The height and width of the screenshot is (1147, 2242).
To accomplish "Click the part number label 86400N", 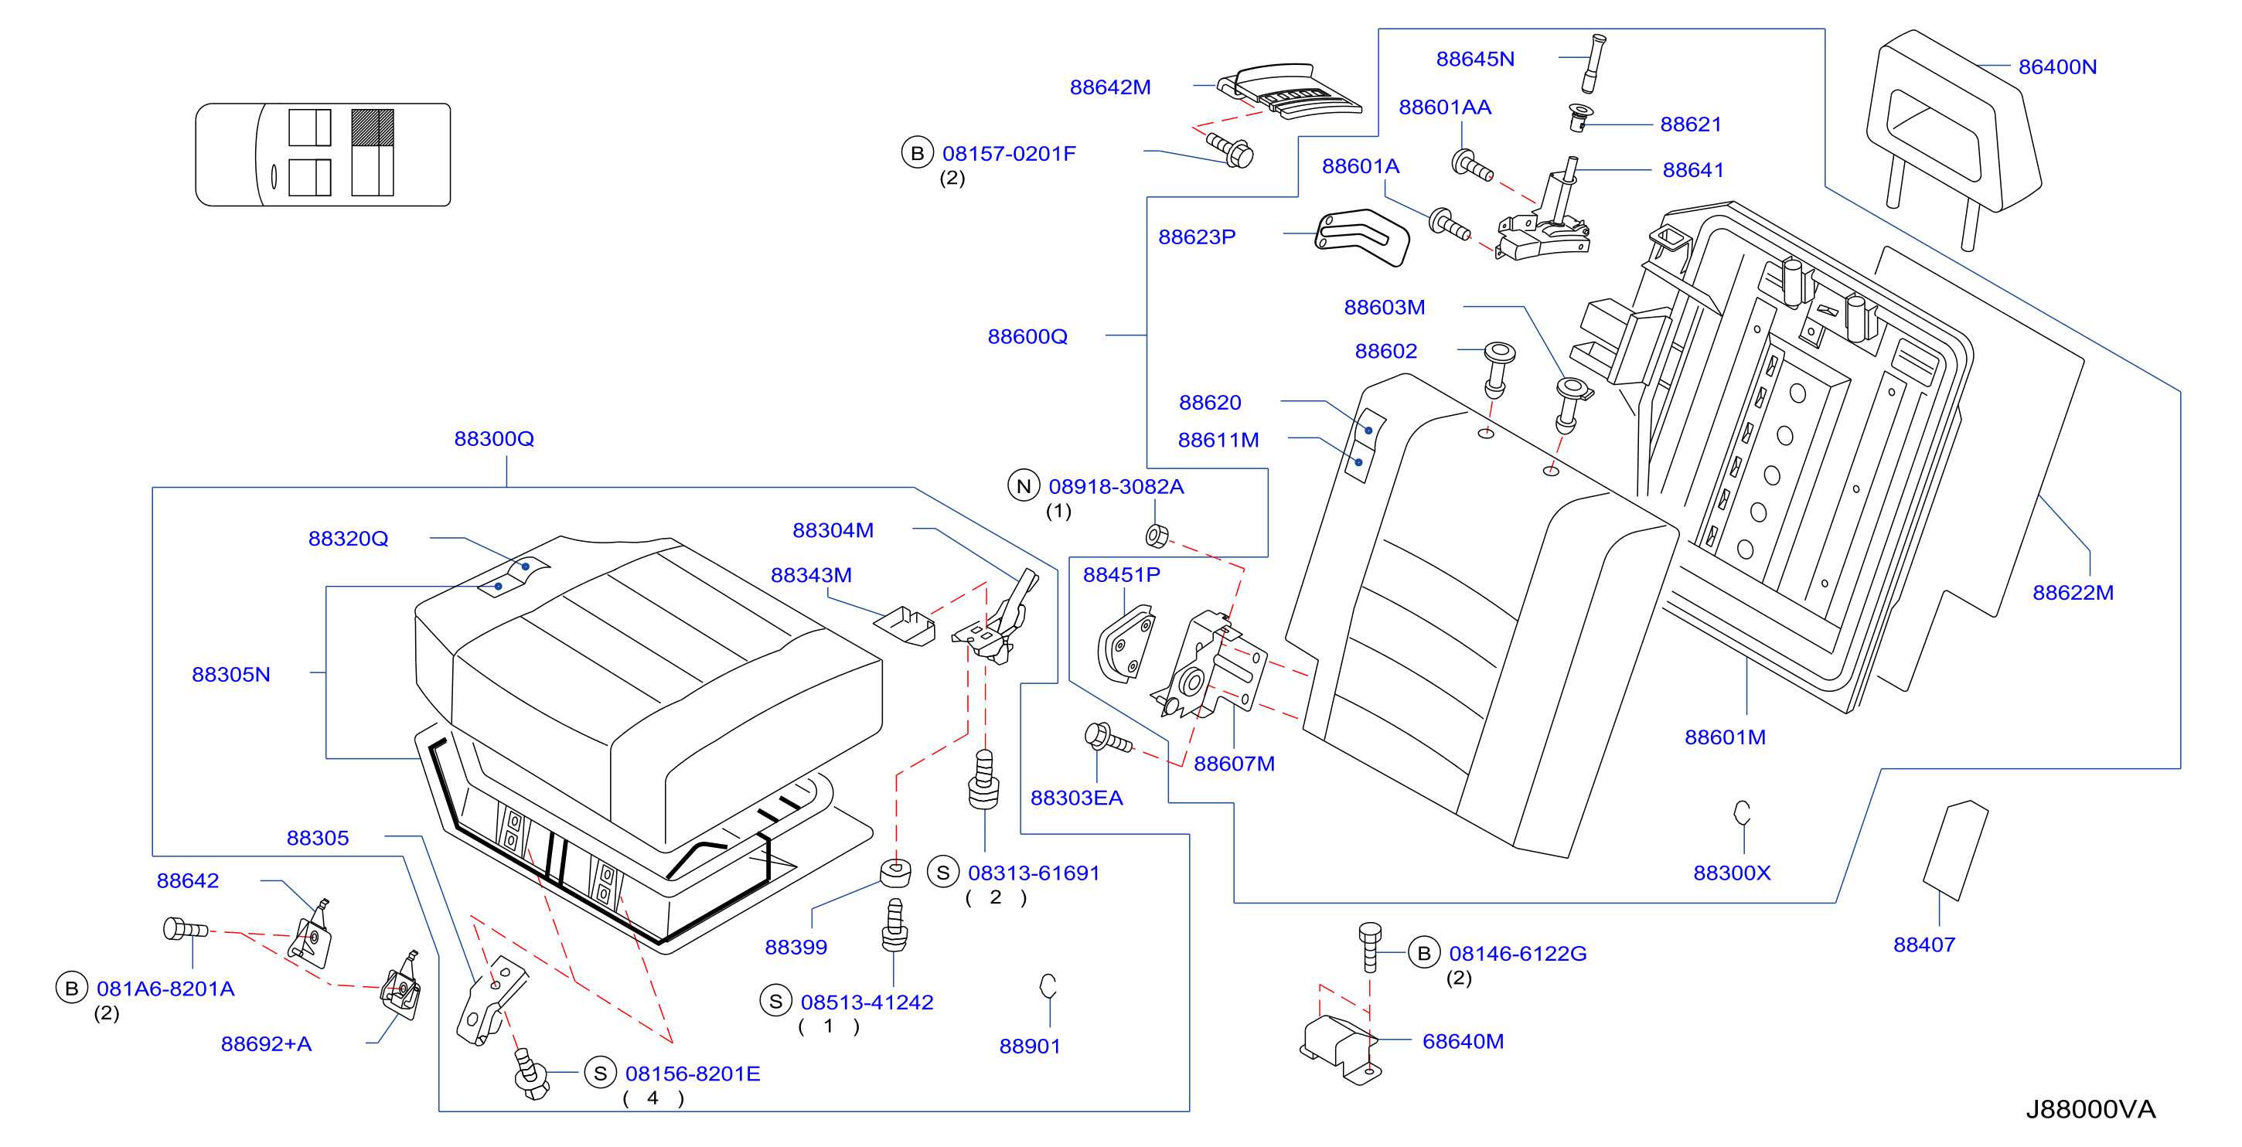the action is pyautogui.click(x=2056, y=67).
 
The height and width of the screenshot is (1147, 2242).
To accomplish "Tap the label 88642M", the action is pyautogui.click(x=1109, y=87).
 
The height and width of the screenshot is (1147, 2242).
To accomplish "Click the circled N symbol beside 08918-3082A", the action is pyautogui.click(x=1024, y=485).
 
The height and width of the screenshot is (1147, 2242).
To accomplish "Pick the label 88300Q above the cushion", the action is pyautogui.click(x=493, y=438).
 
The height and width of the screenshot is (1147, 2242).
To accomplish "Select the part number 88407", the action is pyautogui.click(x=1924, y=944).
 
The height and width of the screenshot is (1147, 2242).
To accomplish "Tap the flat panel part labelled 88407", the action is pyautogui.click(x=1954, y=850).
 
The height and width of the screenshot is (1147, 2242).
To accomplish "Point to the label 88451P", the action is pyautogui.click(x=1121, y=574).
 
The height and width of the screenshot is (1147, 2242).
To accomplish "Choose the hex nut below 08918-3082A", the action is pyautogui.click(x=1157, y=536).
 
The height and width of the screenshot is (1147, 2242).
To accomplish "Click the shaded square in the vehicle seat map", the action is pyautogui.click(x=373, y=127).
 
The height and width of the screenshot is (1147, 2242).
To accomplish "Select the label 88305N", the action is pyautogui.click(x=230, y=675).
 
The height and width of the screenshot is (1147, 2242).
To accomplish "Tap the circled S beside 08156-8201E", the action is pyautogui.click(x=600, y=1073).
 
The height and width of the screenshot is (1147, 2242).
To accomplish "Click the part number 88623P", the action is pyautogui.click(x=1197, y=237).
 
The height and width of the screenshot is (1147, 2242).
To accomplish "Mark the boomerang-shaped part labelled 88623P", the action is pyautogui.click(x=1361, y=237).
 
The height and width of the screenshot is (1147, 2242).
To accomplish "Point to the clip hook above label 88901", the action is pyautogui.click(x=1048, y=985).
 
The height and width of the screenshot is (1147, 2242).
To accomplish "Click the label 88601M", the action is pyautogui.click(x=1725, y=737).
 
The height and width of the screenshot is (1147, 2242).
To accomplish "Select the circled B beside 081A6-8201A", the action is pyautogui.click(x=71, y=988).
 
